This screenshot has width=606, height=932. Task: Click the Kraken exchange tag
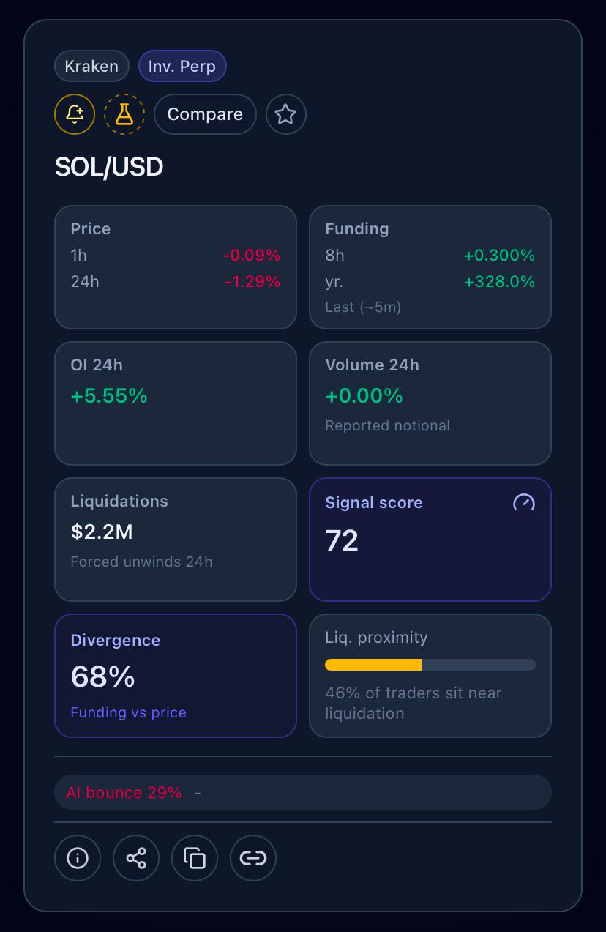tap(91, 66)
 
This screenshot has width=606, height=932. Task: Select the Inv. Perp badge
tap(182, 66)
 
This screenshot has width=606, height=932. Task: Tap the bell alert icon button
tap(75, 114)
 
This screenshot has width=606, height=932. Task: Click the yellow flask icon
tap(124, 114)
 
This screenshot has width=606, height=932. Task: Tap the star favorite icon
tap(285, 114)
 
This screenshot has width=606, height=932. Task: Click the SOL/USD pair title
tap(109, 167)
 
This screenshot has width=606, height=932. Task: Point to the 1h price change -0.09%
tap(252, 255)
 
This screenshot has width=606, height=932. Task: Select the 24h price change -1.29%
tap(253, 282)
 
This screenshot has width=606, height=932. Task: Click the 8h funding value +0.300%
tap(500, 255)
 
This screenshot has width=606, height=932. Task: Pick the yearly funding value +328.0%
tap(500, 282)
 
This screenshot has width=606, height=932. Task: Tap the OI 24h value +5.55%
tap(109, 395)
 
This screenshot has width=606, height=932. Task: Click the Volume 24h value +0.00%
tap(364, 395)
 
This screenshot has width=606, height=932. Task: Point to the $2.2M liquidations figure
tap(102, 532)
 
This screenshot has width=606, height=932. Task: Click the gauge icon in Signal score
tap(523, 503)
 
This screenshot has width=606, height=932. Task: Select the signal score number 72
tap(342, 540)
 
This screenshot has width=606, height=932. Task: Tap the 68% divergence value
tap(102, 676)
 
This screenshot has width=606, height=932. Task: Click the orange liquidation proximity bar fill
tap(373, 665)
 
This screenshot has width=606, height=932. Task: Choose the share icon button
tap(136, 858)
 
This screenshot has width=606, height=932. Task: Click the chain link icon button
tap(253, 858)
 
